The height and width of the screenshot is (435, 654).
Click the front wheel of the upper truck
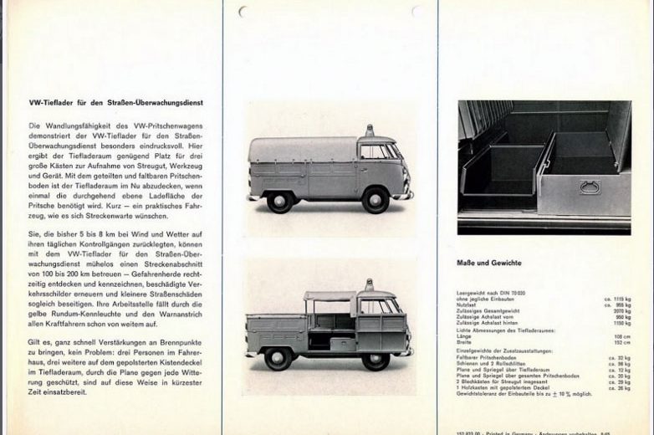pyautogui.click(x=376, y=200)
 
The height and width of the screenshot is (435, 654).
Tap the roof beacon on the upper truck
pyautogui.click(x=369, y=130)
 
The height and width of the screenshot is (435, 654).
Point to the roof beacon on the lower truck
pyautogui.click(x=369, y=285)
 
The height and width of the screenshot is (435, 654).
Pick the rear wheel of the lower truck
pyautogui.click(x=278, y=357)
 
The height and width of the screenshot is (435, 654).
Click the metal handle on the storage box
pyautogui.click(x=590, y=187)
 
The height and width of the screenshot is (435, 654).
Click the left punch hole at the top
pyautogui.click(x=243, y=12)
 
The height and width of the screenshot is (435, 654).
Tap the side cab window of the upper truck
pyautogui.click(x=370, y=151)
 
